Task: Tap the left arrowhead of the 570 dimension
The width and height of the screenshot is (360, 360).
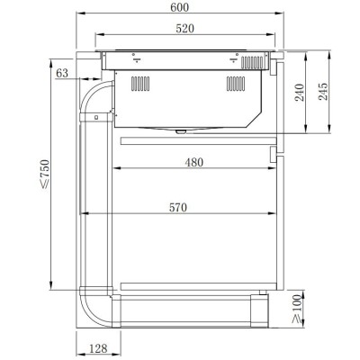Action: coord(84,214)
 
